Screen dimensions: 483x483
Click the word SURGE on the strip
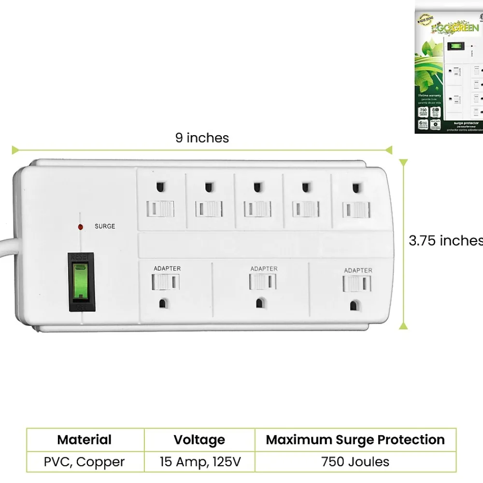click(105, 226)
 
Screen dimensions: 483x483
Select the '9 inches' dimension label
click(202, 138)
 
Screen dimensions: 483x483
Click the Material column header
click(84, 440)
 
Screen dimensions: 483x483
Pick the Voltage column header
click(199, 440)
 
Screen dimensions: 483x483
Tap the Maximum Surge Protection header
click(355, 440)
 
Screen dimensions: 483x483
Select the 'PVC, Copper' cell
click(84, 462)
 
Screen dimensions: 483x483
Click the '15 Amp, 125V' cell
click(200, 462)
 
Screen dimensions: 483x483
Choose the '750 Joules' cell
click(355, 462)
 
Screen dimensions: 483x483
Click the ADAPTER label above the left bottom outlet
click(167, 269)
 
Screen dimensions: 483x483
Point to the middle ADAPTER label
click(264, 269)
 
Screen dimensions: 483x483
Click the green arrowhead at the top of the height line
click(404, 164)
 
